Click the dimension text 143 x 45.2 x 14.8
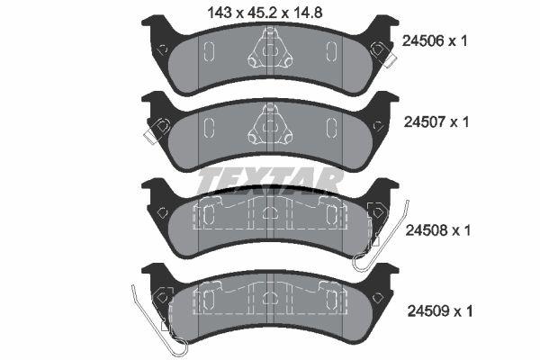[265, 13]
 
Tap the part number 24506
[423, 41]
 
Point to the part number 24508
[426, 230]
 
